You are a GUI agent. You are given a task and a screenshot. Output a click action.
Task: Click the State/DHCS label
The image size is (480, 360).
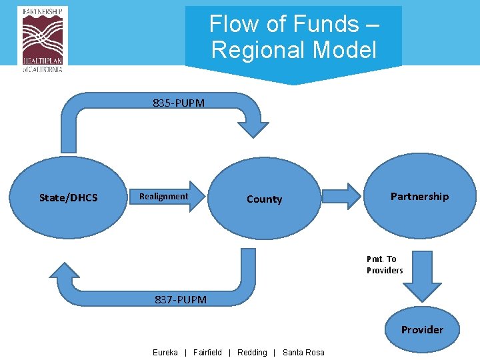[x=68, y=197]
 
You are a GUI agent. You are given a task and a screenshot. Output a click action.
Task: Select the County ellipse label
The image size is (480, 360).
[x=264, y=199]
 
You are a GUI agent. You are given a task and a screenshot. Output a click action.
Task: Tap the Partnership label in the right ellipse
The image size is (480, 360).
[x=419, y=196]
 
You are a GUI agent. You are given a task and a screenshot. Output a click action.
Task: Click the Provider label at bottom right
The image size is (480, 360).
[x=421, y=329]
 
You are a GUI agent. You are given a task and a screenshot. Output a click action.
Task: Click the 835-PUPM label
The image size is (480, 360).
[x=179, y=103]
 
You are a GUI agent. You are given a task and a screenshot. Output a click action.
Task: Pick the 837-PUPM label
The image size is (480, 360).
[x=181, y=299]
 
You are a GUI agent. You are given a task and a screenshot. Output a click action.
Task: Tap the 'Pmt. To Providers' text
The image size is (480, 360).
[x=385, y=265]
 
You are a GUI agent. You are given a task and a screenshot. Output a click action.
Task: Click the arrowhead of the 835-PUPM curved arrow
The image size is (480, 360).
[x=253, y=127]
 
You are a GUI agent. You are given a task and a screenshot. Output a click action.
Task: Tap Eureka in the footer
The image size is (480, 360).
[x=165, y=352]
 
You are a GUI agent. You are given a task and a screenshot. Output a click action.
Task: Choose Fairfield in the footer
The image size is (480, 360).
[x=207, y=352]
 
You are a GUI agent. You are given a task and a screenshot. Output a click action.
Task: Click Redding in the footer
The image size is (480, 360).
[x=252, y=352]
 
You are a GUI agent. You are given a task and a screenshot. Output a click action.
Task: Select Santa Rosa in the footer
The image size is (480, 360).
[x=303, y=352]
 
